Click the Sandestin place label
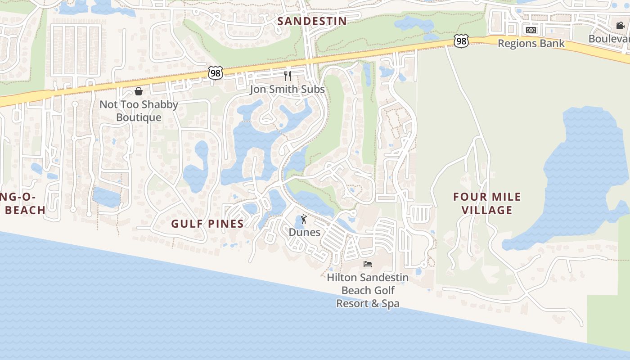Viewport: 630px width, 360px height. [x=312, y=21]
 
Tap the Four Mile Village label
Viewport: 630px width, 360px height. [x=487, y=203]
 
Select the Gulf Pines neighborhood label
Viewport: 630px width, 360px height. [x=207, y=224]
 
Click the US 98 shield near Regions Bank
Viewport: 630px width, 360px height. [x=461, y=41]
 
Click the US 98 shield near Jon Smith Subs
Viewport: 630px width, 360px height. [x=216, y=73]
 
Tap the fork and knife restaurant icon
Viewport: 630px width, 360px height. [x=288, y=76]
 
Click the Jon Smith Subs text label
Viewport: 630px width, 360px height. [x=287, y=90]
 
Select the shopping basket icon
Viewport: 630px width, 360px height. [x=139, y=91]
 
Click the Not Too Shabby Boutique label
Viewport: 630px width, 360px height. [x=139, y=111]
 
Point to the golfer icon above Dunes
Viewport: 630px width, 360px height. [x=304, y=219]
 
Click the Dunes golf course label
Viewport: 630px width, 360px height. [x=305, y=232]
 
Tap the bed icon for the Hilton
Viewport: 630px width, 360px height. [x=368, y=264]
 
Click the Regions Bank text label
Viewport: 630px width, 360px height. [x=531, y=44]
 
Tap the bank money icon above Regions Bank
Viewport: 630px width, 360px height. [x=531, y=30]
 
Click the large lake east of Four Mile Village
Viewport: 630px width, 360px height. [x=585, y=171]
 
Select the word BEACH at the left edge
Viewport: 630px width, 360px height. [x=26, y=210]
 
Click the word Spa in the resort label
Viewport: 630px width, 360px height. [x=389, y=304]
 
